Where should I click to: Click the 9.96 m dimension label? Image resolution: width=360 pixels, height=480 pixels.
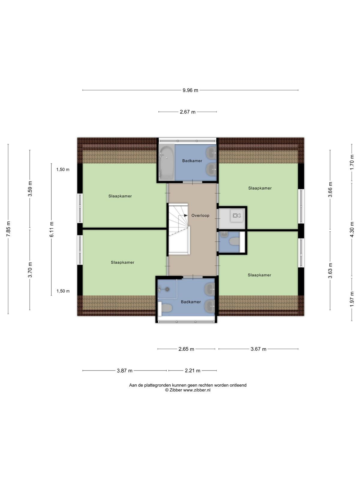tap(190, 90)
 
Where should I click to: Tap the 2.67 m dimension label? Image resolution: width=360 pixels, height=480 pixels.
tap(187, 112)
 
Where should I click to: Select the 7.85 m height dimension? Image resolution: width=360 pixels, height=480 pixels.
tap(8, 229)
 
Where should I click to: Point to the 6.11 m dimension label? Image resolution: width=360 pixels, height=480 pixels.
tap(52, 229)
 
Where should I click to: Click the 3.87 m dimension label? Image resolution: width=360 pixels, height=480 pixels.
tap(124, 370)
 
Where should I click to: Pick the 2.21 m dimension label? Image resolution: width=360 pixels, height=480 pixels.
tap(193, 370)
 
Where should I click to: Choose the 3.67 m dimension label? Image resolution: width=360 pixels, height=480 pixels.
tap(258, 349)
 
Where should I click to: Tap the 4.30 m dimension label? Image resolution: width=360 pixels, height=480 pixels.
tap(352, 229)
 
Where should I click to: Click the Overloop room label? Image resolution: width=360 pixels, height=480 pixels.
tap(200, 215)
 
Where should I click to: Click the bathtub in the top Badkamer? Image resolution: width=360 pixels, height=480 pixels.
tap(166, 163)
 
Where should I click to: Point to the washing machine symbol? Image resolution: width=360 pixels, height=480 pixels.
tap(237, 216)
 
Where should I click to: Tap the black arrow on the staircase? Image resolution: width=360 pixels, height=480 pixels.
tap(186, 215)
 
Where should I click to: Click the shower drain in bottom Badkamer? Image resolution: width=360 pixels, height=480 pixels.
tap(167, 289)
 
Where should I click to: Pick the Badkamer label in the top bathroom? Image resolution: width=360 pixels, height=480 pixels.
tap(192, 161)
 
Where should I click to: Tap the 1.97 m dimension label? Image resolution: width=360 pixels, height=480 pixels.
tap(352, 299)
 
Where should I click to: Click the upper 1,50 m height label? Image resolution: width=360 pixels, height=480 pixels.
tap(63, 169)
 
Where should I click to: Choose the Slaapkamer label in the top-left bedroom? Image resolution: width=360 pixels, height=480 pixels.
tap(120, 196)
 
